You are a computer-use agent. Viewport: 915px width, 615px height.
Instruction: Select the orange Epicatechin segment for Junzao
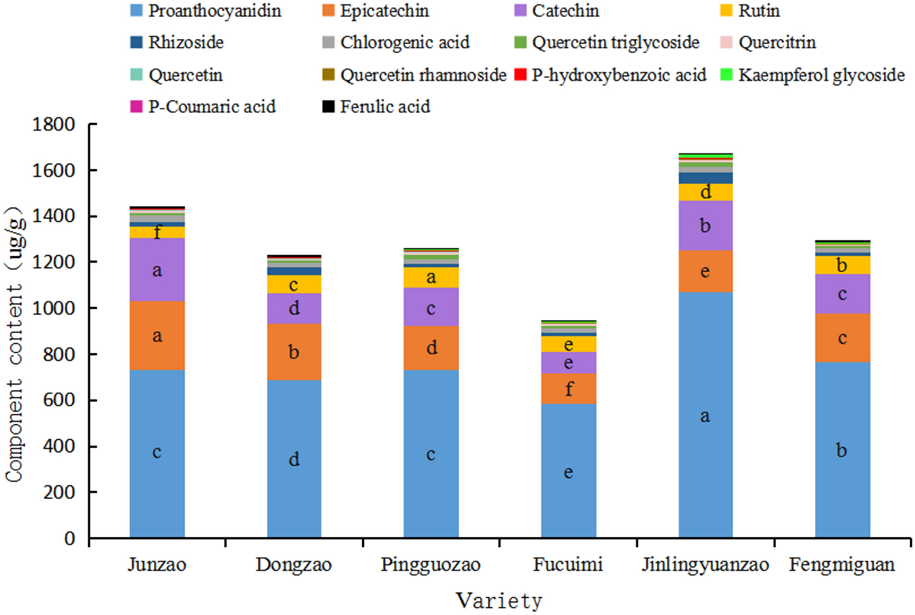pos(157,336)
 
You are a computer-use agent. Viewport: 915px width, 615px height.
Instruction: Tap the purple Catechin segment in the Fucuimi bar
pos(568,363)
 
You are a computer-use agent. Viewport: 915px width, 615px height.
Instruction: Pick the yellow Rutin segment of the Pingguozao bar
pos(431,277)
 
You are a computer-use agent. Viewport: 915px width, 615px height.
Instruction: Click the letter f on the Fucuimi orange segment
pos(569,389)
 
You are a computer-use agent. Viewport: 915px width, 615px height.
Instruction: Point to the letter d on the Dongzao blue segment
pos(294,459)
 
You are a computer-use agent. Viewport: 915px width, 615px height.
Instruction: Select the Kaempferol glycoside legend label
pos(821,75)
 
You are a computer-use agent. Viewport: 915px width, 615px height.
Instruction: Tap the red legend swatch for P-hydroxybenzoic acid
pos(520,75)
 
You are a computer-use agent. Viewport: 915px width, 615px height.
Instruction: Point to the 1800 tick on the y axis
pos(54,124)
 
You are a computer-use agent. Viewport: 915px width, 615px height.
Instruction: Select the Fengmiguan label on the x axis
pos(842,565)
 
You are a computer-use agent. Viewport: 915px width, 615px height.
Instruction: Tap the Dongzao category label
pos(294,565)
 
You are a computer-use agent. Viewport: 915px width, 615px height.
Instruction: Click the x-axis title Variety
pos(499,601)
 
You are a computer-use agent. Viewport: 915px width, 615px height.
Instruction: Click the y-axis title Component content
pos(16,344)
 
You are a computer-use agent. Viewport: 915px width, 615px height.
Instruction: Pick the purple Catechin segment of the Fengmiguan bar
pos(842,294)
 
